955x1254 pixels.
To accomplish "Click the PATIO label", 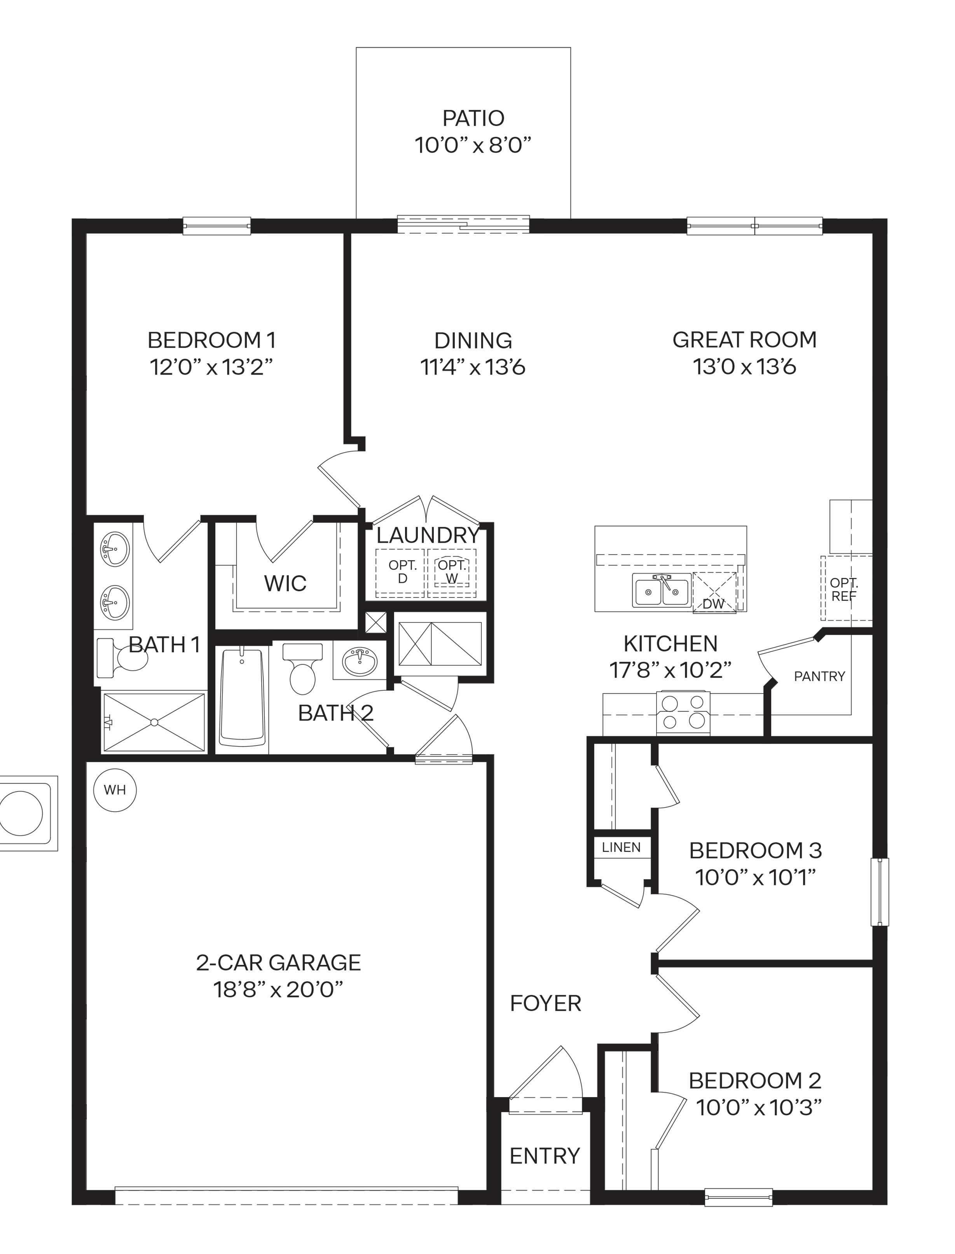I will point(473,118).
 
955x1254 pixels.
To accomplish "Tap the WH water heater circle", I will point(115,790).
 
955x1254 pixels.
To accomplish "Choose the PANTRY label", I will point(819,676).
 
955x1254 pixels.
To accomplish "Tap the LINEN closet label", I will point(621,847).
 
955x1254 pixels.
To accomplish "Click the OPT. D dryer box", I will point(402,571).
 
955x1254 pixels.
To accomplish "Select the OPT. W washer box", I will point(452,571).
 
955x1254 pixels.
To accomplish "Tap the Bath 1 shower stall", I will point(154,722).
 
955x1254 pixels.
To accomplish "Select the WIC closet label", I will point(285,583).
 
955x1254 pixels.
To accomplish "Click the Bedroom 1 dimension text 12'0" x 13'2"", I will point(211,367).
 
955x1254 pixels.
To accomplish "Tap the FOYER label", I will point(545,1003).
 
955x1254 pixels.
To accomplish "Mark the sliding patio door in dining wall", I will point(463,225).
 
